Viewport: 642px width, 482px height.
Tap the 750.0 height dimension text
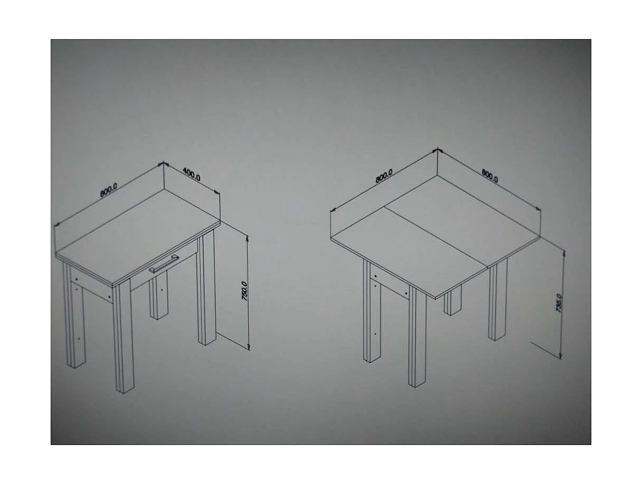(x=244, y=292)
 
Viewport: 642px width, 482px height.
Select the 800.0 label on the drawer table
(x=108, y=189)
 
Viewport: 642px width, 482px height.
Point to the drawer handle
(x=164, y=263)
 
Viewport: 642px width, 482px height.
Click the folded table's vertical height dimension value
(x=559, y=303)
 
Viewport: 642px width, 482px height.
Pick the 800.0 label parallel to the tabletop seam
(x=384, y=175)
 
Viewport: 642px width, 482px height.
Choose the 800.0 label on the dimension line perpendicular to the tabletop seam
(x=489, y=176)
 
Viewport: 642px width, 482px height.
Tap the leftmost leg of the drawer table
(x=75, y=322)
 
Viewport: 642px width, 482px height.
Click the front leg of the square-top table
(x=418, y=338)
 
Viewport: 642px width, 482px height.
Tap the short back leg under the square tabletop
(x=452, y=301)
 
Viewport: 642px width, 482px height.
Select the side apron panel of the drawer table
(x=91, y=284)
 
